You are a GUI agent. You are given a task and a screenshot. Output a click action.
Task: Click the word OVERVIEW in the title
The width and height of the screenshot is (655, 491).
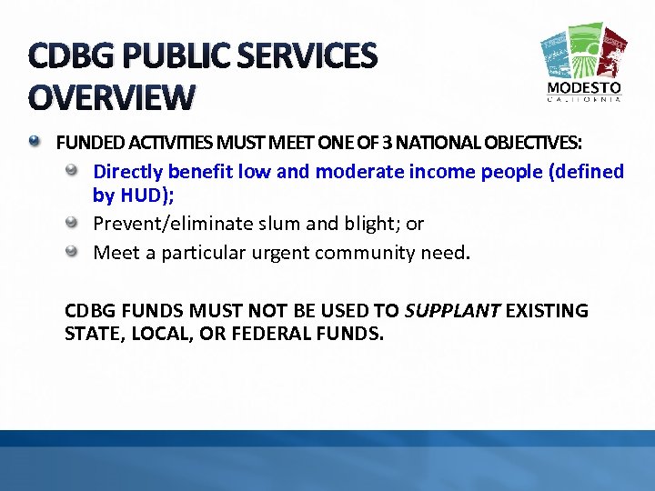click(x=112, y=96)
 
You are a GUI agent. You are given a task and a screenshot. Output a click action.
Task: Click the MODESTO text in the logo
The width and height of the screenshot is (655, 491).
click(x=585, y=88)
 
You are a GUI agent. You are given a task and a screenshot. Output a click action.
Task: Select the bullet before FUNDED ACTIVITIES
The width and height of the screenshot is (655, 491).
click(x=35, y=142)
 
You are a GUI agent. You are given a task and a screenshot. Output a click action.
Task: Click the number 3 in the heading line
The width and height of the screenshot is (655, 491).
click(x=388, y=143)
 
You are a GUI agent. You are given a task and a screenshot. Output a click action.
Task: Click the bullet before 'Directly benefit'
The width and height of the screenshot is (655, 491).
click(x=79, y=171)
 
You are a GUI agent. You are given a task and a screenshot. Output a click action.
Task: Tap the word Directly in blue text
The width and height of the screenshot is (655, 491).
click(x=127, y=171)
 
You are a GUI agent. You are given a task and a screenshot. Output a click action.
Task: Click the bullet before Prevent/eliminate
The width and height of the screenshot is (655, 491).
click(x=79, y=223)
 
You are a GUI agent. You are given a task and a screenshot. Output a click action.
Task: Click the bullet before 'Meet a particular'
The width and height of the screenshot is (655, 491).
click(x=79, y=251)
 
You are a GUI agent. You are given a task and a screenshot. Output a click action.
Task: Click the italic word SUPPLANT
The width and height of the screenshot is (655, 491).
click(x=452, y=311)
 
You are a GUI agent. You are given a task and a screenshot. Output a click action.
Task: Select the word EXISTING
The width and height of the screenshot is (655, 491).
click(x=547, y=311)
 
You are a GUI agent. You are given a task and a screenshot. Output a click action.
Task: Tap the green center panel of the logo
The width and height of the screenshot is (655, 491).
click(x=584, y=50)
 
